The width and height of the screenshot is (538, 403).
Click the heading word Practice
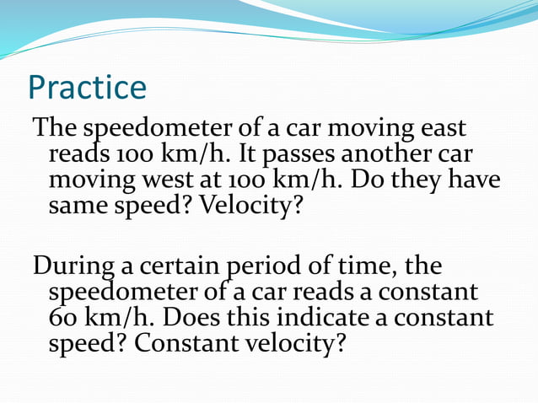click(87, 87)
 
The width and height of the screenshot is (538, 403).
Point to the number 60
click(63, 319)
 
